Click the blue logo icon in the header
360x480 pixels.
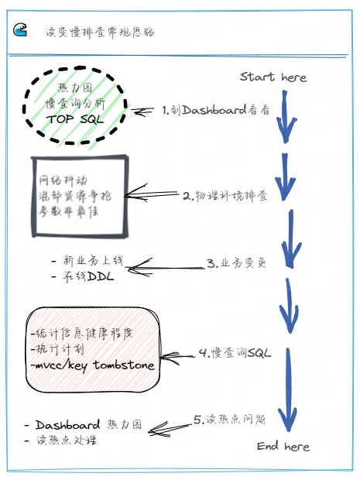[x=21, y=31]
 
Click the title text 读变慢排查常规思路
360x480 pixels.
[x=100, y=33]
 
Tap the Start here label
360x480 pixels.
[x=273, y=77]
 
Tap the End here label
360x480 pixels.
[x=283, y=446]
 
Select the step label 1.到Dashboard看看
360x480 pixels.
[x=215, y=111]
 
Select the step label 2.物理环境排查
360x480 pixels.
[x=225, y=195]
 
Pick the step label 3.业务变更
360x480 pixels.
[x=235, y=262]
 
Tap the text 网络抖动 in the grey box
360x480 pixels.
[x=61, y=181]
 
